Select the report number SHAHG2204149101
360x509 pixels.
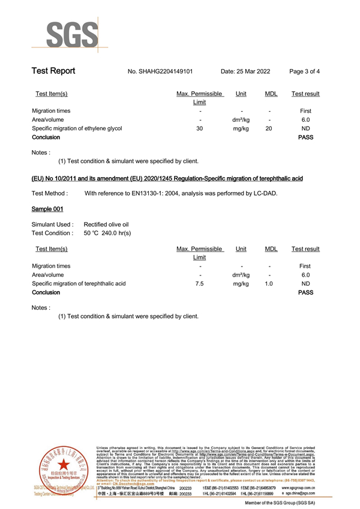point(160,72)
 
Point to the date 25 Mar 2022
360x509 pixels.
point(245,72)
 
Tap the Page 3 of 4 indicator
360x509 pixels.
point(304,72)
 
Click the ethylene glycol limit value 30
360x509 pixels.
point(200,128)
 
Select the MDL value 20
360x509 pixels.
point(269,128)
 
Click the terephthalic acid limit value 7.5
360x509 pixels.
point(200,283)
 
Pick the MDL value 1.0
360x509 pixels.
point(269,283)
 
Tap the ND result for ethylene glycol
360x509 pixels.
point(305,128)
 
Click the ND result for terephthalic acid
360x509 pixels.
point(305,283)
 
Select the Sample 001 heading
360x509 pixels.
point(47,209)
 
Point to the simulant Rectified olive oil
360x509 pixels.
point(106,224)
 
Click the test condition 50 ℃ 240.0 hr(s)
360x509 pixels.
point(107,233)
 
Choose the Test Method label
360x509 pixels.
point(49,193)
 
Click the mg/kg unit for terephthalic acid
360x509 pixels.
point(241,283)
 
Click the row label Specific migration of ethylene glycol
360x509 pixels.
point(77,128)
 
